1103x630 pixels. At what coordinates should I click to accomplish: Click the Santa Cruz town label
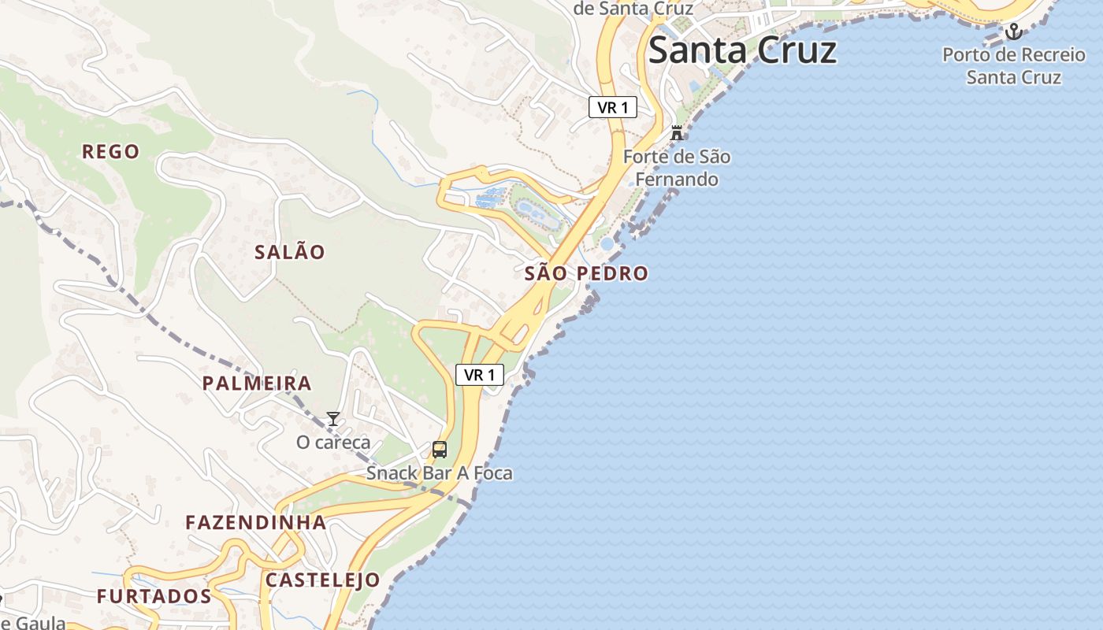pyautogui.click(x=741, y=50)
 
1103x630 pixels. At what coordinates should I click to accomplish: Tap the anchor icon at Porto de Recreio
pyautogui.click(x=1014, y=31)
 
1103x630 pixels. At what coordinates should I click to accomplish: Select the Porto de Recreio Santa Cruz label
pyautogui.click(x=1013, y=66)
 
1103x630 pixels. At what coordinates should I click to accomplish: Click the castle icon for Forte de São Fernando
pyautogui.click(x=676, y=132)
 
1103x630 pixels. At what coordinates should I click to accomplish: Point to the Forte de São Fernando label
pyautogui.click(x=677, y=168)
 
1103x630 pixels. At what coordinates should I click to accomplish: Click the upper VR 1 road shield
pyautogui.click(x=612, y=107)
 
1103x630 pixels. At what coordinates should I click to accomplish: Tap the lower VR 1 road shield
pyautogui.click(x=479, y=375)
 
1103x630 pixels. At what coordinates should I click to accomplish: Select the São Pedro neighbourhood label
pyautogui.click(x=586, y=273)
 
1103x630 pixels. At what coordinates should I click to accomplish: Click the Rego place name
pyautogui.click(x=111, y=151)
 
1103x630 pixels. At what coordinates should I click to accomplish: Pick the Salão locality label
pyautogui.click(x=290, y=252)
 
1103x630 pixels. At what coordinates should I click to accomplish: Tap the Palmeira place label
pyautogui.click(x=257, y=384)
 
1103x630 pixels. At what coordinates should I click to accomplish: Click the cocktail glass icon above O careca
pyautogui.click(x=333, y=418)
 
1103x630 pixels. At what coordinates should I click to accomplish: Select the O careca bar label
pyautogui.click(x=333, y=442)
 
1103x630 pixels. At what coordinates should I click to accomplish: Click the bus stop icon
pyautogui.click(x=440, y=450)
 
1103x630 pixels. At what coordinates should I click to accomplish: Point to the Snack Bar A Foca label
pyautogui.click(x=439, y=473)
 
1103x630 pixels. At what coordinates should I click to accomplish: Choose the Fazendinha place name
pyautogui.click(x=255, y=522)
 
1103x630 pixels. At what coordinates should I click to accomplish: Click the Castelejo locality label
pyautogui.click(x=322, y=580)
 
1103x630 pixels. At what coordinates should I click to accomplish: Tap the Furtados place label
pyautogui.click(x=154, y=596)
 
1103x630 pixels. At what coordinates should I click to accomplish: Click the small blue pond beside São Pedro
pyautogui.click(x=607, y=243)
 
